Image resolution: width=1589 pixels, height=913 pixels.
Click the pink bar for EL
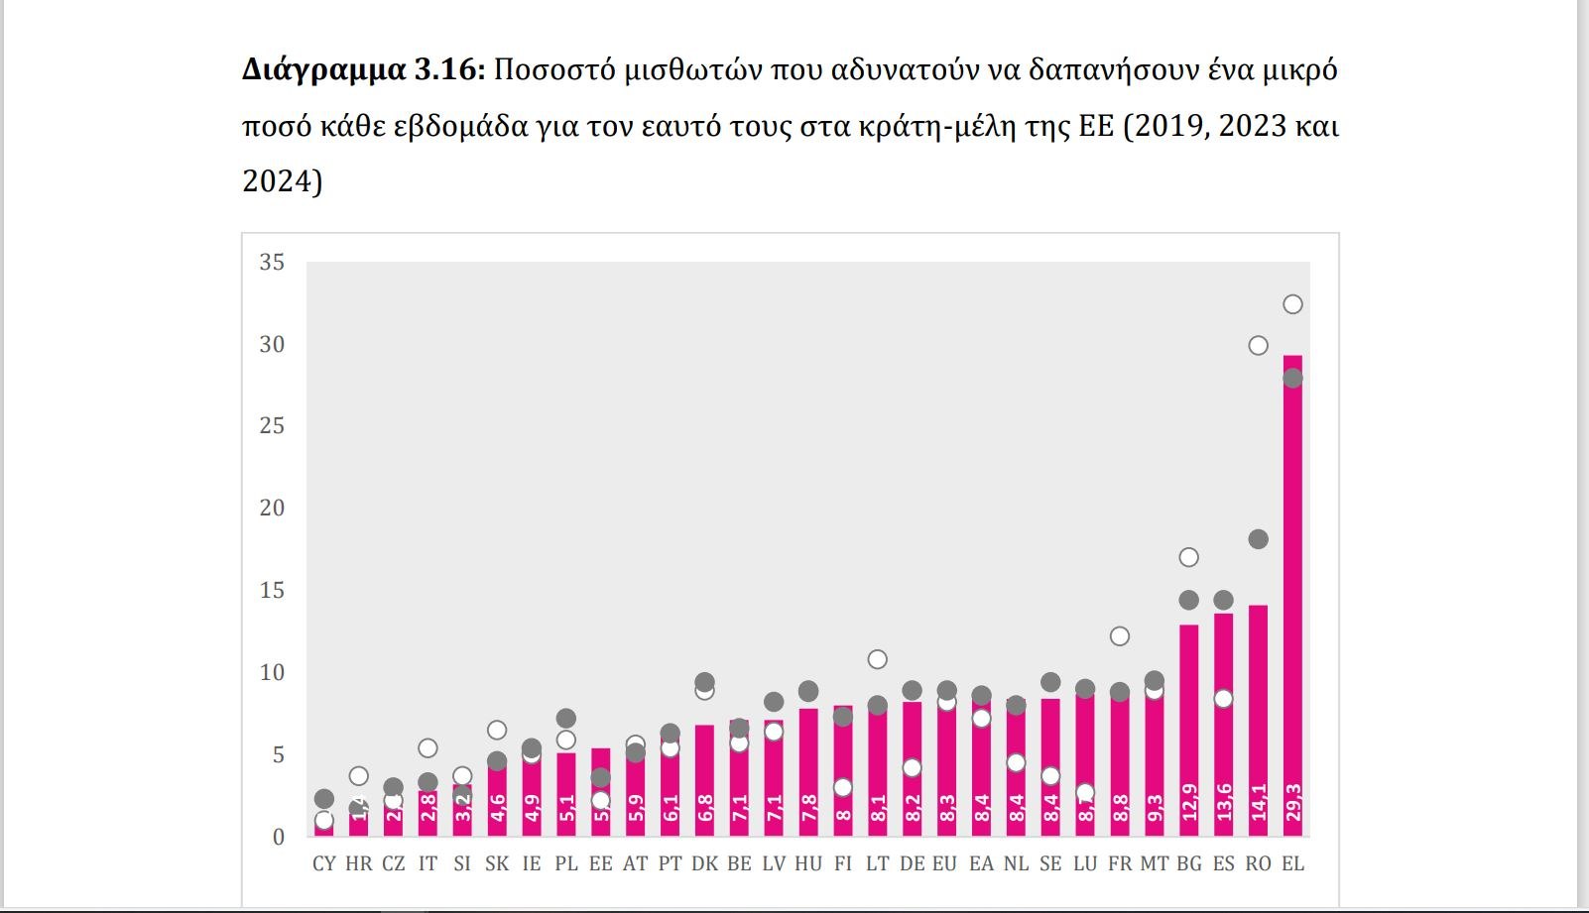click(1292, 595)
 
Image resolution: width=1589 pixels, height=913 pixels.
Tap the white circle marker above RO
click(1258, 346)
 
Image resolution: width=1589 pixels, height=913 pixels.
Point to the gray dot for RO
click(1258, 539)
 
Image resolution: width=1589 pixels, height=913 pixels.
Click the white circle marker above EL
click(1292, 304)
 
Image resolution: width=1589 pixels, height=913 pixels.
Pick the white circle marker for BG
click(1188, 557)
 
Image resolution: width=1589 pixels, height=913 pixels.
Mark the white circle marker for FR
click(1120, 636)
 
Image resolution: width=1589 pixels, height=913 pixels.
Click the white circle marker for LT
click(877, 659)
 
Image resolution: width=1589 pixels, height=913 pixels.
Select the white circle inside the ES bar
click(1223, 699)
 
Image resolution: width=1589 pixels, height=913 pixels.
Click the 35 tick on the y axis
click(272, 263)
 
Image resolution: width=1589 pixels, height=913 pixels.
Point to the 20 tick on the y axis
click(272, 509)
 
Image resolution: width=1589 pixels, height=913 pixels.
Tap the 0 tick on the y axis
click(279, 838)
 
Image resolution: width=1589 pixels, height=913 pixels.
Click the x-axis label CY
click(324, 863)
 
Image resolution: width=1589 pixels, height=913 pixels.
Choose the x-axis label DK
click(704, 863)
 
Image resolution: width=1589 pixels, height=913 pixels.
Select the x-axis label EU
click(945, 863)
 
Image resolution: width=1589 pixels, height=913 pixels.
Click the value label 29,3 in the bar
click(1292, 803)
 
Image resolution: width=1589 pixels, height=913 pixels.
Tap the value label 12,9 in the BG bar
click(1188, 803)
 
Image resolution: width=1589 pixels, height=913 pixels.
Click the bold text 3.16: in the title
click(449, 70)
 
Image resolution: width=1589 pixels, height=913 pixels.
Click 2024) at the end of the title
click(283, 181)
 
